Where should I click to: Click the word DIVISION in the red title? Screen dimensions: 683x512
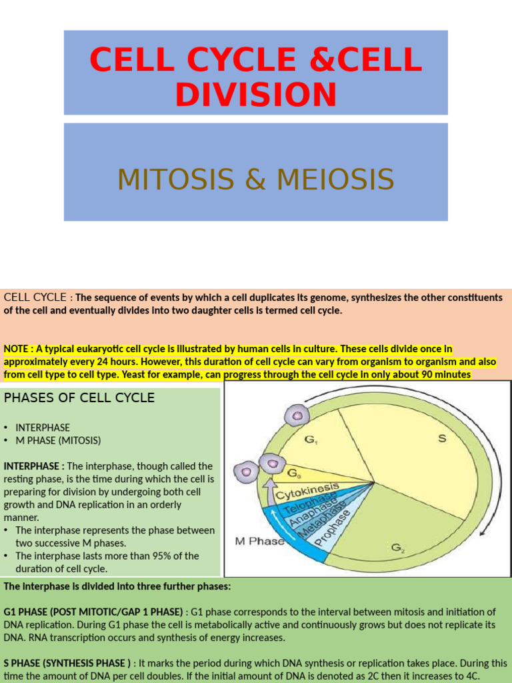(x=255, y=94)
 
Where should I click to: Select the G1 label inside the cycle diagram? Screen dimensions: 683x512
(x=311, y=440)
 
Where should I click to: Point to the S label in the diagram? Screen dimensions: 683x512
(x=441, y=438)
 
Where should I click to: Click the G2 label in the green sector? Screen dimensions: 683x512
(x=398, y=548)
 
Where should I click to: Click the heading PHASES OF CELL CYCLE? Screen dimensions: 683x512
(x=79, y=398)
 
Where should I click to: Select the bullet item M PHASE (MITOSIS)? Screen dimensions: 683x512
(x=58, y=440)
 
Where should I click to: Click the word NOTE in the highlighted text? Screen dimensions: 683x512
(x=17, y=348)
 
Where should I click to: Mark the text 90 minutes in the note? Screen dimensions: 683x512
(x=446, y=374)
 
